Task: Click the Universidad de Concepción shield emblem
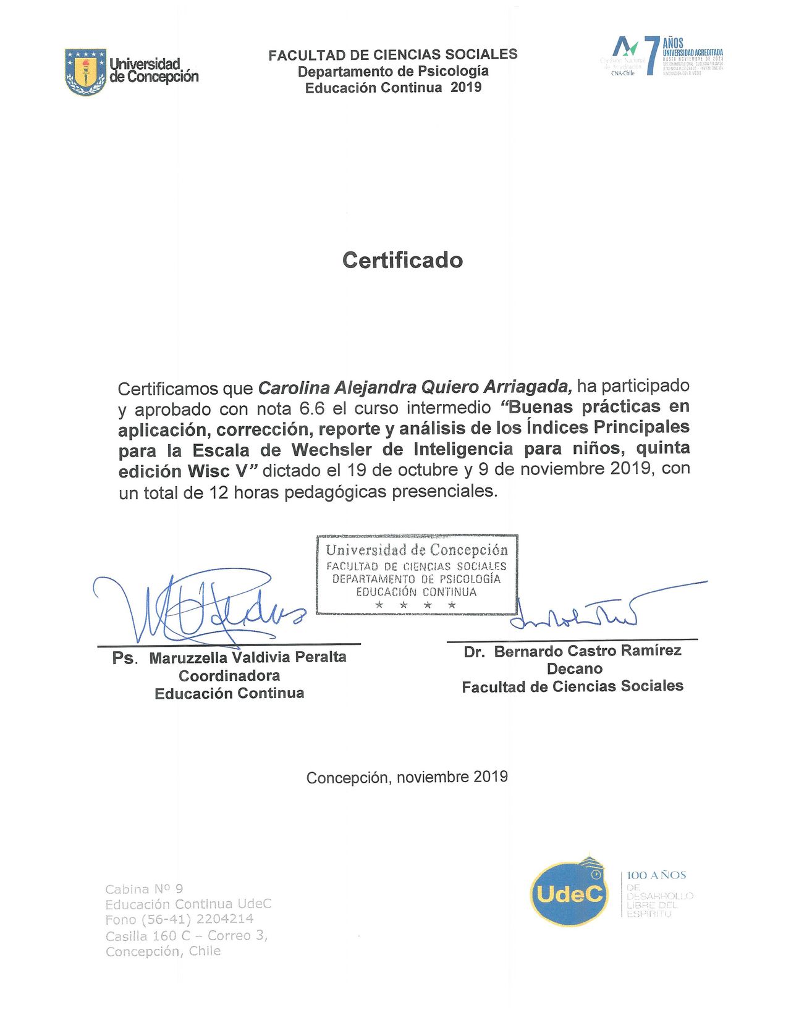pyautogui.click(x=85, y=72)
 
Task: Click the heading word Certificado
pyautogui.click(x=402, y=260)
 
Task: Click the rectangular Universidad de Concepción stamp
pyautogui.click(x=417, y=575)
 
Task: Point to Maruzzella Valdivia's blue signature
pyautogui.click(x=198, y=608)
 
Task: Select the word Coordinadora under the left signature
pyautogui.click(x=229, y=676)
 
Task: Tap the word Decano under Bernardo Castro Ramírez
pyautogui.click(x=574, y=669)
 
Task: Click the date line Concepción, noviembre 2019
pyautogui.click(x=407, y=777)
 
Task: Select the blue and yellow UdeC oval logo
pyautogui.click(x=567, y=892)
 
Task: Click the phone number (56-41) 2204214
pyautogui.click(x=197, y=919)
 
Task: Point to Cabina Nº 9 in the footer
pyautogui.click(x=144, y=889)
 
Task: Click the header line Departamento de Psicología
pyautogui.click(x=393, y=71)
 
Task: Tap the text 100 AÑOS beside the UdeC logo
pyautogui.click(x=656, y=875)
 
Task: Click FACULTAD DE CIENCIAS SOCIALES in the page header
pyautogui.click(x=393, y=55)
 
